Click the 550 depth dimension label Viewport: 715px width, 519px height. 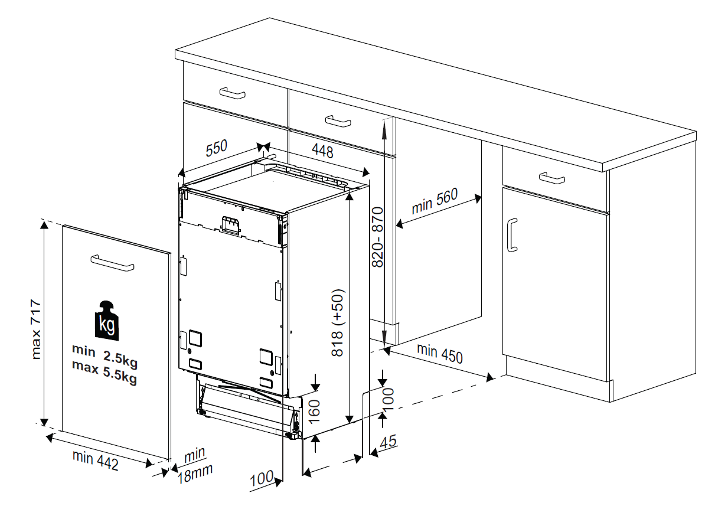coord(217,149)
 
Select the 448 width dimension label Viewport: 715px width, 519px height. coord(322,152)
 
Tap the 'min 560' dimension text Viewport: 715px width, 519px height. coord(435,201)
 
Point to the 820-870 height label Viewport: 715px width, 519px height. coord(378,236)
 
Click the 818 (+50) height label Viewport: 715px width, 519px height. coord(338,322)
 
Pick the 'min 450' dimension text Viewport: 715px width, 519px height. coord(440,352)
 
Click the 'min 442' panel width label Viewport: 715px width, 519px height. coord(96,460)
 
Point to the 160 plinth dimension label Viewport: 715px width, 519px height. coord(314,408)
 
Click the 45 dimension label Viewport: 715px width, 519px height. coord(388,442)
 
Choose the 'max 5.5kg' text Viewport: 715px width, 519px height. coord(105,373)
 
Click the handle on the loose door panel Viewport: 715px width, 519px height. coord(112,263)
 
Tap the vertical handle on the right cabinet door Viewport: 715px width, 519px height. coord(512,234)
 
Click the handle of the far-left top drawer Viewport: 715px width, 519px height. coord(232,93)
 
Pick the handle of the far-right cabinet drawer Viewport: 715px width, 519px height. coord(551,177)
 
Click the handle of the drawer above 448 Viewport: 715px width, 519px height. coord(338,121)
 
